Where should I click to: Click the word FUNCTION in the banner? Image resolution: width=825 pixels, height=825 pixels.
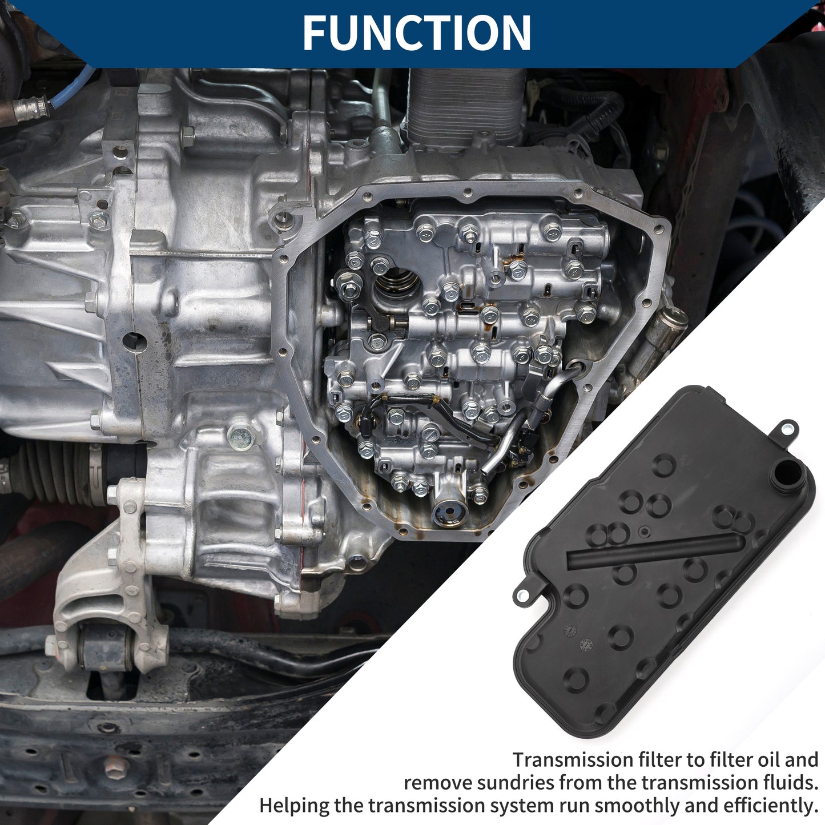tap(417, 33)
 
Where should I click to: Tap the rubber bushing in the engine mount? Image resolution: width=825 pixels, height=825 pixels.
tap(106, 646)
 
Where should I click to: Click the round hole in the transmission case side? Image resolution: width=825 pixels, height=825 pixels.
tap(134, 343)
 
